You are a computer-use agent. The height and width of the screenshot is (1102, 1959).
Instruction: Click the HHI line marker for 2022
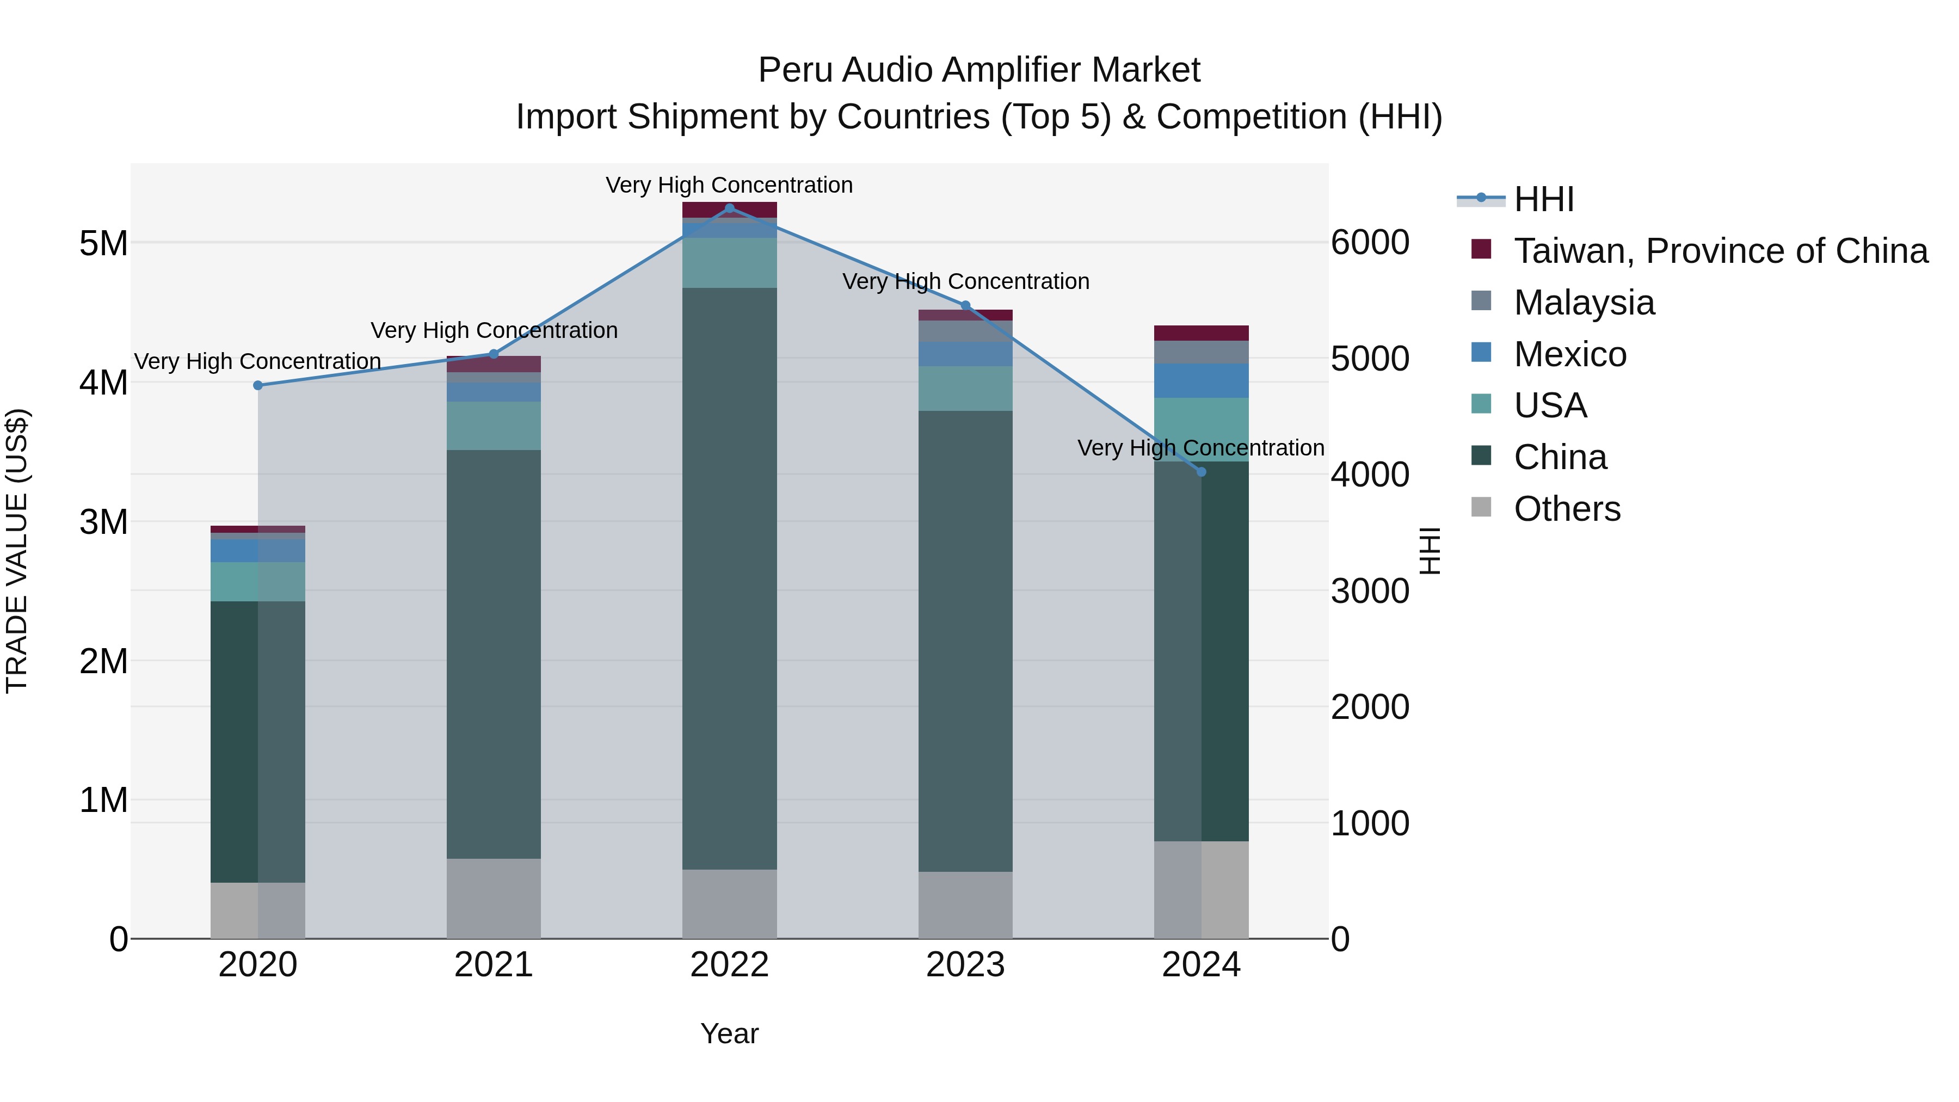coord(729,208)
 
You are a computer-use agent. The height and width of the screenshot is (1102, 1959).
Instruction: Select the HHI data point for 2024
coord(1201,471)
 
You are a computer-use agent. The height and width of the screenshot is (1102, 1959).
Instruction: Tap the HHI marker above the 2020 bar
coord(258,386)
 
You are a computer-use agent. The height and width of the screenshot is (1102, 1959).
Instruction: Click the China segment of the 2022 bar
coord(729,578)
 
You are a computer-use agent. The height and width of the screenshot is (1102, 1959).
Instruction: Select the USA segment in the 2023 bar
coord(965,389)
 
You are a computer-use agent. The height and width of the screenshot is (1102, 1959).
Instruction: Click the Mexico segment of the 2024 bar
coord(1201,380)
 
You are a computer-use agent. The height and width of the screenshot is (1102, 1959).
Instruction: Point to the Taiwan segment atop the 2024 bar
coord(1201,333)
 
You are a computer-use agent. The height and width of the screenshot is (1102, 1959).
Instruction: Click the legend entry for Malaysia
coord(1584,303)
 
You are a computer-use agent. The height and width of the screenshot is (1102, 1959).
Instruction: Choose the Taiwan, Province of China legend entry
coord(1720,251)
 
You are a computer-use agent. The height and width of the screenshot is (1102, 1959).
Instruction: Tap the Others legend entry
coord(1567,509)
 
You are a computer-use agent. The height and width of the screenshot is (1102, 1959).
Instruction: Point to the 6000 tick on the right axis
coord(1370,243)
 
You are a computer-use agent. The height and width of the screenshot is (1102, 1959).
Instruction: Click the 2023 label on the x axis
coord(965,965)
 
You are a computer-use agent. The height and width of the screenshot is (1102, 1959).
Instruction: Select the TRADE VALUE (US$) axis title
coord(17,551)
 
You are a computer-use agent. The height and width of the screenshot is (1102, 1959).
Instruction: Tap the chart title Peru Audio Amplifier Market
coord(979,70)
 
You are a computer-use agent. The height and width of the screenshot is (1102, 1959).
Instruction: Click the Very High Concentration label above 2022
coord(729,185)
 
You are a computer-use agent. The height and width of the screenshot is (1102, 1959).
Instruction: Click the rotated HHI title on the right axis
coord(1430,551)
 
